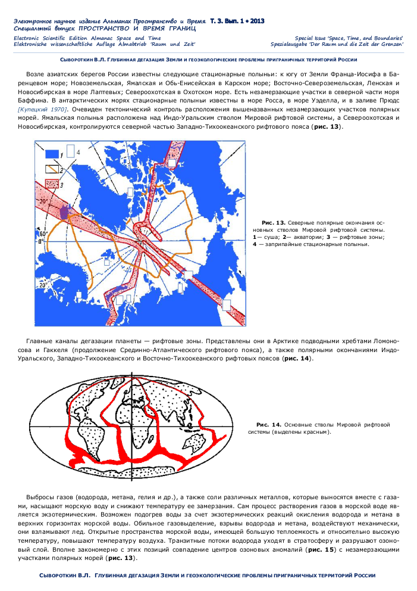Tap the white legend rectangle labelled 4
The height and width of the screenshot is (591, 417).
point(70,151)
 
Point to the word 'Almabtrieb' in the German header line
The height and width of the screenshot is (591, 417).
point(132,44)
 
